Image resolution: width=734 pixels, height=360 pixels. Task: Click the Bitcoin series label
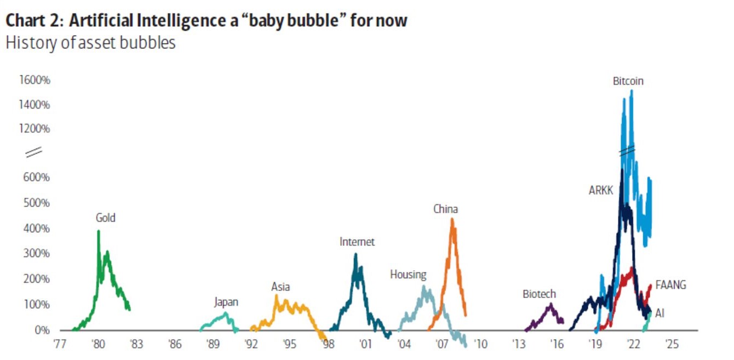628,81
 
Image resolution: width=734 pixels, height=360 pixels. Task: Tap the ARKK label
600,191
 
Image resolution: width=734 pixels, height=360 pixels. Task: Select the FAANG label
670,285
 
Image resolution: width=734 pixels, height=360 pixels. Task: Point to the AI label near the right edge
660,313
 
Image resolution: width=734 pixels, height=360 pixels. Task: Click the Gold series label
106,218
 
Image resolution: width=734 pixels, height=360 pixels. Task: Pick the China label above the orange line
445,209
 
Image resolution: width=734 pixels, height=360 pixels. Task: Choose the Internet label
357,242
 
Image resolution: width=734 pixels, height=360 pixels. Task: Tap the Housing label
408,275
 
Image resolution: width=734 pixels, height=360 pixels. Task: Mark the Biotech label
539,294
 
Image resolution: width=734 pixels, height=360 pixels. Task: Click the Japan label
226,302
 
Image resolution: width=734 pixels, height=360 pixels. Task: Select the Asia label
280,287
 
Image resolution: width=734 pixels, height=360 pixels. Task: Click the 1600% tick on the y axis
35,80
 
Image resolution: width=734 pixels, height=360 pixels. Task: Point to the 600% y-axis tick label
37,178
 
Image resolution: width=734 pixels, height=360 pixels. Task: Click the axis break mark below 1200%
34,152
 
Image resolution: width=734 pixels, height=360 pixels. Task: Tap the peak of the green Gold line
99,231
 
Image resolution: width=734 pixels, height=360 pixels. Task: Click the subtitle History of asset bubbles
90,43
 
